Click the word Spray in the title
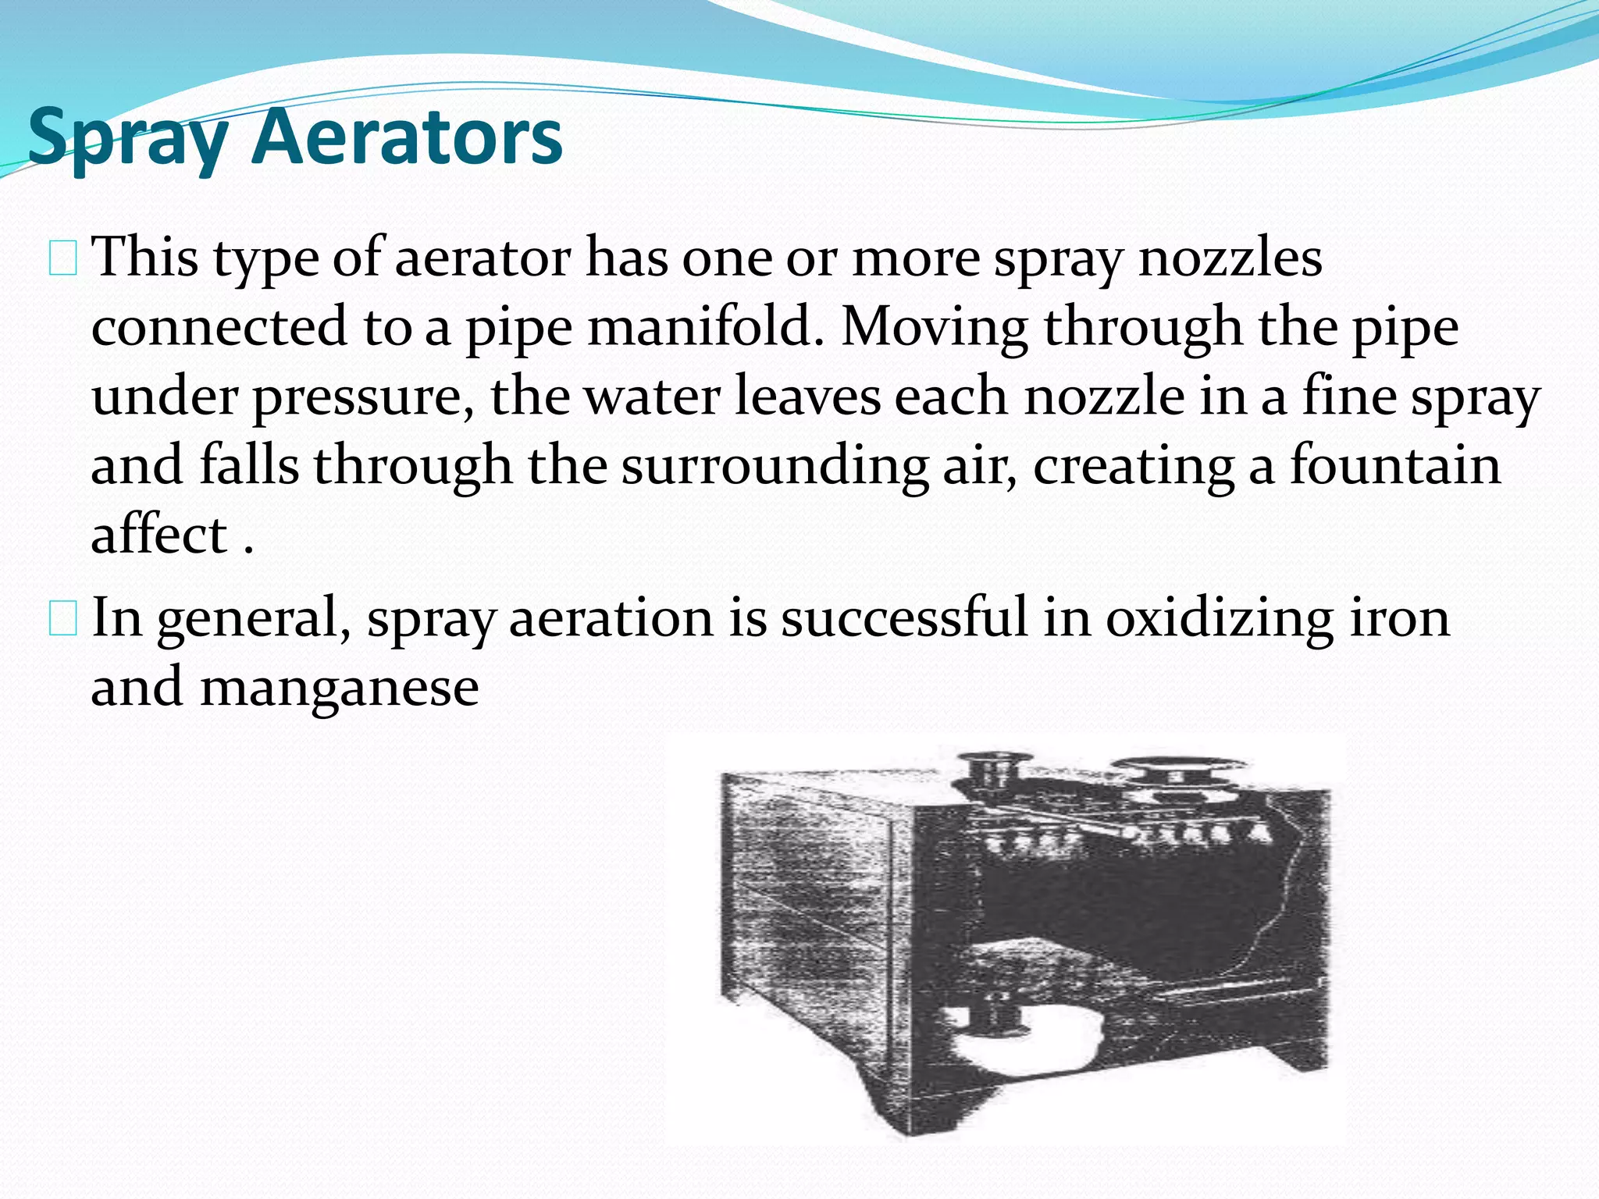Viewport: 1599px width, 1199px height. [128, 139]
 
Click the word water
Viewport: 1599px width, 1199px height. [652, 396]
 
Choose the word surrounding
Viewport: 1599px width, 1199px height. [775, 467]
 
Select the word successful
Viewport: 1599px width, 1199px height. [904, 617]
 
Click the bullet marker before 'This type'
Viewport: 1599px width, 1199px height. [62, 259]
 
